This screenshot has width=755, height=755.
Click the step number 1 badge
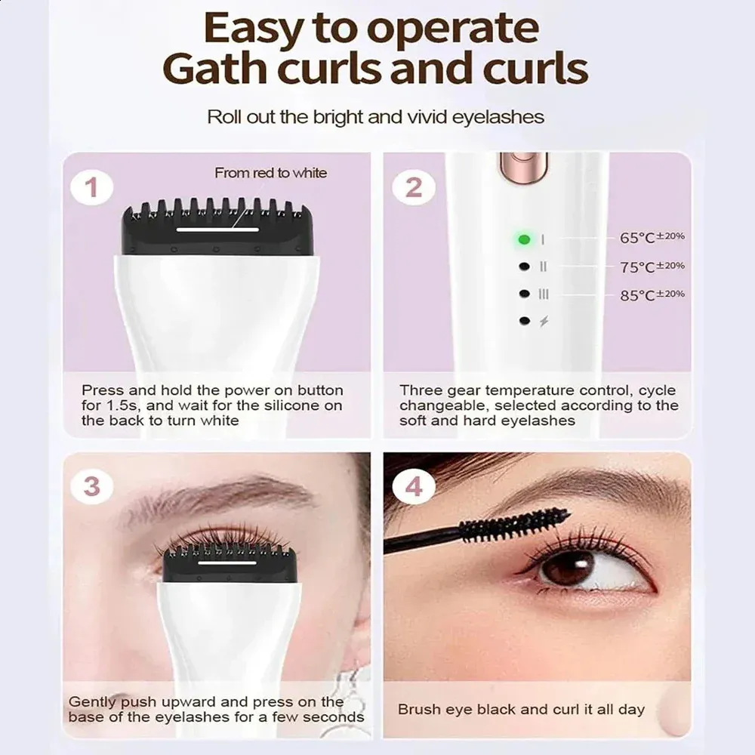pos(92,187)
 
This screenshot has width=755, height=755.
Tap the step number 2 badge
pos(414,187)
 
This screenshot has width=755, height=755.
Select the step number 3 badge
pos(92,485)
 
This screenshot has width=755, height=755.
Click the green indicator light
pos(525,239)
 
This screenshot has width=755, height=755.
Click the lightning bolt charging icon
pos(544,321)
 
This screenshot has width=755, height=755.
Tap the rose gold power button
pos(524,167)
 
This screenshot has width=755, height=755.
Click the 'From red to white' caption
pos(270,173)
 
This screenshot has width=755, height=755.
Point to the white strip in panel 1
pos(217,230)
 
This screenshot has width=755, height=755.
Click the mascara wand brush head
pos(515,525)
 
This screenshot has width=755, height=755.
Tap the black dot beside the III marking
pos(525,294)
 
